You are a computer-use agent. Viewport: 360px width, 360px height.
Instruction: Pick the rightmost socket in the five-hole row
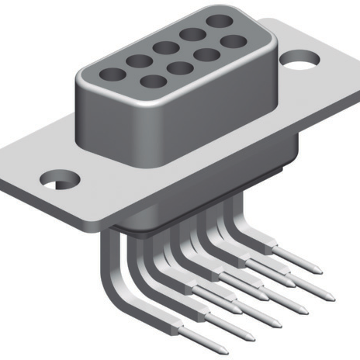point(220,22)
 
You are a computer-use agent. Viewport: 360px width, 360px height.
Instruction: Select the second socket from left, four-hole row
point(178,67)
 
